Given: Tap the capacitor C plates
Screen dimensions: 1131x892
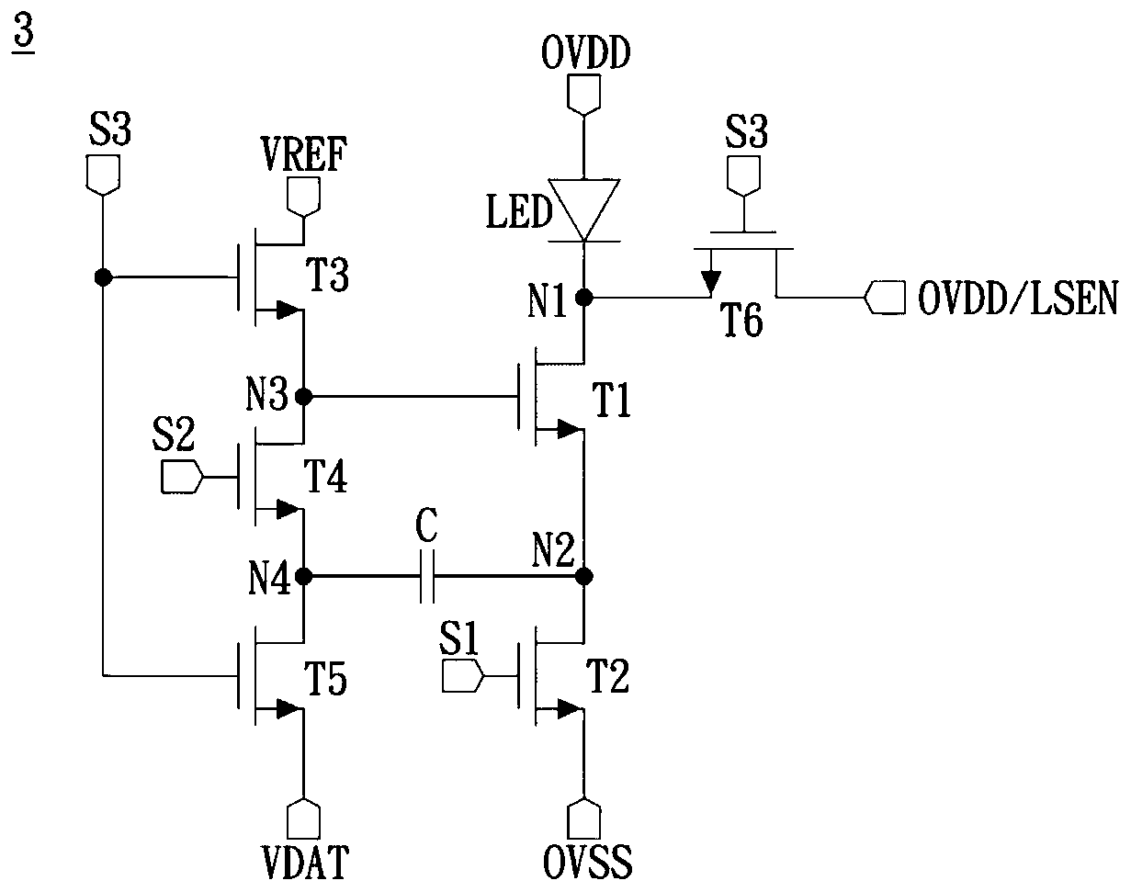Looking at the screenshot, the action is tap(426, 577).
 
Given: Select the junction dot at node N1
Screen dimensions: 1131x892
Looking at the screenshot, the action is tap(584, 298).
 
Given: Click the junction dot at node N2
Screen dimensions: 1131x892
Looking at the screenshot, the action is tap(584, 576).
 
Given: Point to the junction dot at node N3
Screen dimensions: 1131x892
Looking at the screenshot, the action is tap(304, 396).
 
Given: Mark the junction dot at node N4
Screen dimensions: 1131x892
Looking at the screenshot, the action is tap(304, 577).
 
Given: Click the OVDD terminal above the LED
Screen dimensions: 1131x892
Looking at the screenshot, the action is tap(584, 94).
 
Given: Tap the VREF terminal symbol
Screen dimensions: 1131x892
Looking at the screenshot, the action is tap(304, 197).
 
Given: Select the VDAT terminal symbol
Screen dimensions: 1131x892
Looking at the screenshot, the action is tap(304, 819).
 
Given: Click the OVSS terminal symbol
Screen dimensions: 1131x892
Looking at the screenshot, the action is tap(584, 819).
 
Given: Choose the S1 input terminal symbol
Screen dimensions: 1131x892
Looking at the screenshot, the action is tap(462, 676).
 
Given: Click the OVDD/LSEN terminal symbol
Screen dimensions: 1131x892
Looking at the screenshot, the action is tap(885, 298).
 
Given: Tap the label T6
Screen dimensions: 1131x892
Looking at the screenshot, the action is tap(741, 320).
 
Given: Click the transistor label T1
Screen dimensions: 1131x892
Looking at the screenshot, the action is tap(611, 401).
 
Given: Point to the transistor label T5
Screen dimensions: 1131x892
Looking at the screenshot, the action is tap(326, 679).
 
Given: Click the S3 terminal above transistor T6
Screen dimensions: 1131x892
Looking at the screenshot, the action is tap(743, 176).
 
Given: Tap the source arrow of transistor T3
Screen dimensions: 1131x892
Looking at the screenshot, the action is tap(288, 310).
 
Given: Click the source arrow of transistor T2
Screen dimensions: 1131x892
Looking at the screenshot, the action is tap(570, 709).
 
